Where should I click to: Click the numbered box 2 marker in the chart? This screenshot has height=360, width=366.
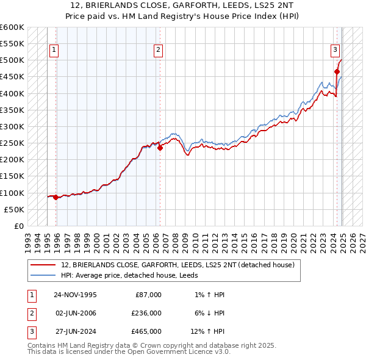(158, 50)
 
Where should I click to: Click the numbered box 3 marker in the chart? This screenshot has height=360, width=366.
(335, 50)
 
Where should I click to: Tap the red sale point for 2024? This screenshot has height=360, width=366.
(337, 72)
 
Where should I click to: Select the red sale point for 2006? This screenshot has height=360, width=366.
(160, 148)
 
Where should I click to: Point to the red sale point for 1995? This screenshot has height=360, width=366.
(56, 197)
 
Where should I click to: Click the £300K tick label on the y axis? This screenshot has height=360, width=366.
(12, 126)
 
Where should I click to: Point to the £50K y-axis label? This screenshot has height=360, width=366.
(14, 209)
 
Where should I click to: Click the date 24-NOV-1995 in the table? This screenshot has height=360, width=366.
(75, 295)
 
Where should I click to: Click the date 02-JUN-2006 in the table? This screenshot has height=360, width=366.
(75, 313)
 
